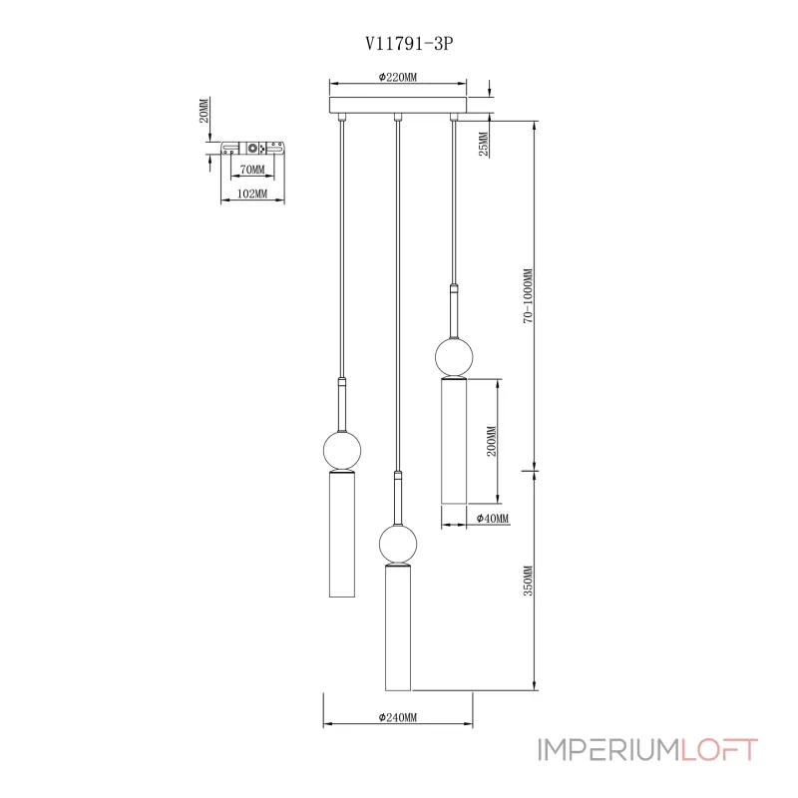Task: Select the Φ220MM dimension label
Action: coord(398,76)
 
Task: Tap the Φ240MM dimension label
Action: coord(398,717)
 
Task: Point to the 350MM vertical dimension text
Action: coord(529,581)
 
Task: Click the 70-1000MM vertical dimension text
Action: coord(529,295)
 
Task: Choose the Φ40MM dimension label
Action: coord(492,519)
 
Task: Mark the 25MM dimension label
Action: coord(482,145)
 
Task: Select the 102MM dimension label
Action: coord(251,194)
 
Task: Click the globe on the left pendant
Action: coord(342,451)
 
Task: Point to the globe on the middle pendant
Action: coord(398,545)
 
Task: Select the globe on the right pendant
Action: coord(454,356)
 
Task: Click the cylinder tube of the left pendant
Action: coord(342,537)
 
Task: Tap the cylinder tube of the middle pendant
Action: coord(398,628)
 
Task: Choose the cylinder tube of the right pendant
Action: coord(454,441)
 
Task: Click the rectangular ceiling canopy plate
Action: coord(398,105)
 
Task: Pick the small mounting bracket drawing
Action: coord(252,149)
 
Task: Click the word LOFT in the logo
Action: coord(720,750)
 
